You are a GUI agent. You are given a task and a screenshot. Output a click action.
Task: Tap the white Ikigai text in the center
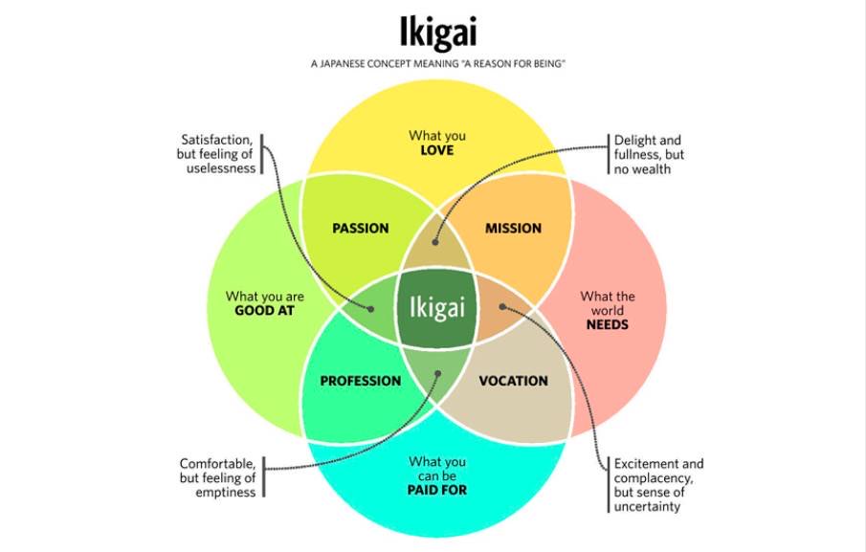[437, 308]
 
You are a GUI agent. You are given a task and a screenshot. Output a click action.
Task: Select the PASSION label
[361, 228]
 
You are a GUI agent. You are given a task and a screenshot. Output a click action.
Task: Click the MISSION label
[513, 228]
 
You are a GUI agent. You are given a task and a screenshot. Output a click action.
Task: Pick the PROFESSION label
[361, 381]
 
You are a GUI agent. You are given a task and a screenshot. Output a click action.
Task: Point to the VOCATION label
[513, 381]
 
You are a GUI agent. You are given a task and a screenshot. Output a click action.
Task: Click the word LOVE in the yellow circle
[437, 151]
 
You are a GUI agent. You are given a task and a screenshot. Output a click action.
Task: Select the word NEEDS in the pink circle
[607, 325]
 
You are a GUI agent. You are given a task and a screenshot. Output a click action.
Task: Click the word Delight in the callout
[635, 141]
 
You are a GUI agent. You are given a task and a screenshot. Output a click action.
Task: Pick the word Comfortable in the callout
[216, 463]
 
